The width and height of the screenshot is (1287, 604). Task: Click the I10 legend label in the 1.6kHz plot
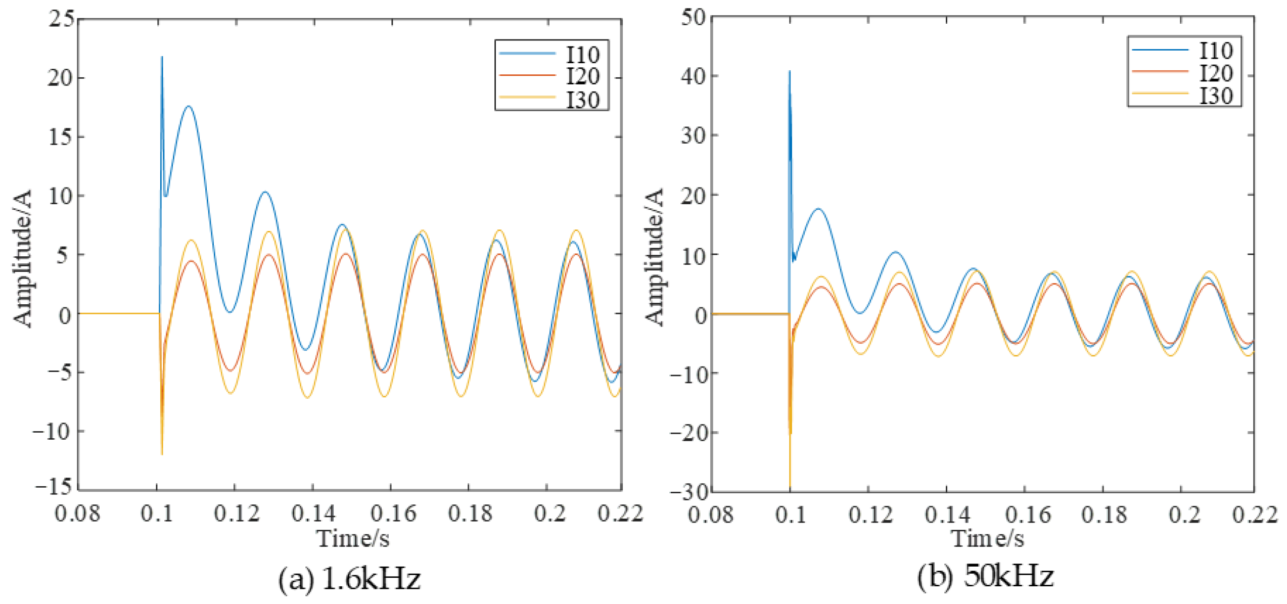coord(583,54)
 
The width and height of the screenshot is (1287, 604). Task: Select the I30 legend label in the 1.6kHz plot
coord(583,100)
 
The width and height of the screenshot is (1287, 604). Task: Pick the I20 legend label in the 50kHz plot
coord(1217,73)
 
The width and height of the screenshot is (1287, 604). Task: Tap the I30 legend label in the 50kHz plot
coord(1217,96)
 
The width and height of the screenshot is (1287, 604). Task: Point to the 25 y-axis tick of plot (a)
coord(61,19)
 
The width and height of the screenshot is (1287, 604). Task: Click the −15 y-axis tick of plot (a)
coord(54,486)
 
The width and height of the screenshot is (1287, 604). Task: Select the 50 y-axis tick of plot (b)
coord(694,17)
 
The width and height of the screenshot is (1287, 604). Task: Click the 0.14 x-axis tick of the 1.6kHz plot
coord(313,514)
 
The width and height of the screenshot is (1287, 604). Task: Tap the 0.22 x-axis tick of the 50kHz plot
coord(1255,515)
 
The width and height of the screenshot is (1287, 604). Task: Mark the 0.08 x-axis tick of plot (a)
coord(77,514)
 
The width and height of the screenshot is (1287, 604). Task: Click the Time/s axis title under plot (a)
coord(353,539)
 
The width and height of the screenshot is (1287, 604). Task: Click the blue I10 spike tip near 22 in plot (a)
coord(162,57)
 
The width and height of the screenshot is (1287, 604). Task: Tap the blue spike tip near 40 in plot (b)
coord(790,71)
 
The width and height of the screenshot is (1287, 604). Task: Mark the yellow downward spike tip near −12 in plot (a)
coord(162,454)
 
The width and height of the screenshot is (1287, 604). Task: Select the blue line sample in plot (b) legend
coord(1160,50)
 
